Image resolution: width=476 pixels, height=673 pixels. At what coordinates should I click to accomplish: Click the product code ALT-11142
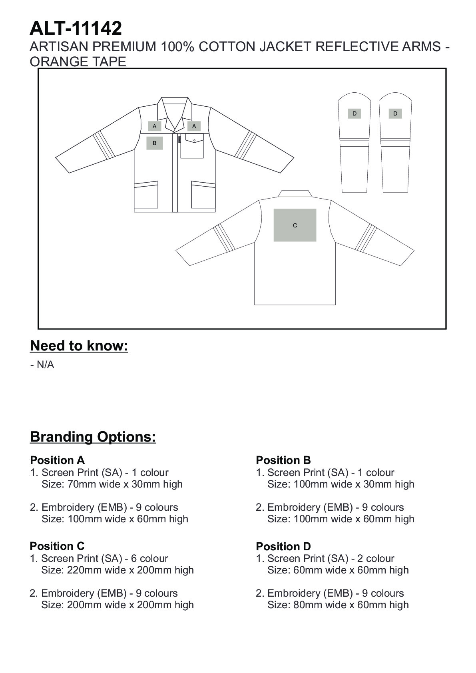(x=76, y=29)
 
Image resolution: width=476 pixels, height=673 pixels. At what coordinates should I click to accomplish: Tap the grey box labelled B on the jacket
(x=155, y=143)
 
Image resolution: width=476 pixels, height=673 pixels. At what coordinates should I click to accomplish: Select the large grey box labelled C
(x=295, y=225)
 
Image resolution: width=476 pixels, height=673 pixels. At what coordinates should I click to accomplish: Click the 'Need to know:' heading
(x=79, y=346)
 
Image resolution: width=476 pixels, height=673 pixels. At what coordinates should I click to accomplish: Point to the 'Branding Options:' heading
(x=93, y=436)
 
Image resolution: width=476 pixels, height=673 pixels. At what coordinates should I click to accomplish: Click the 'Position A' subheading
(x=57, y=460)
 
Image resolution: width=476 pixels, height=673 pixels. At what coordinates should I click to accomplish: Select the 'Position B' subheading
(x=283, y=460)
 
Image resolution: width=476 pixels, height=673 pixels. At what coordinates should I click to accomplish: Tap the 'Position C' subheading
(x=57, y=546)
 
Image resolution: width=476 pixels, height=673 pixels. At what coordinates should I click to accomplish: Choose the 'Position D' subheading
(x=283, y=546)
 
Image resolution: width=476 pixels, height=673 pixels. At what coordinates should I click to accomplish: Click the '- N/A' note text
(x=42, y=365)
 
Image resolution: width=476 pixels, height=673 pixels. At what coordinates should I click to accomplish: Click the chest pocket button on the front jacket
(x=194, y=140)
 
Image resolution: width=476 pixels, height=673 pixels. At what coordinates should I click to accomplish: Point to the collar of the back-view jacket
(x=295, y=193)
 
